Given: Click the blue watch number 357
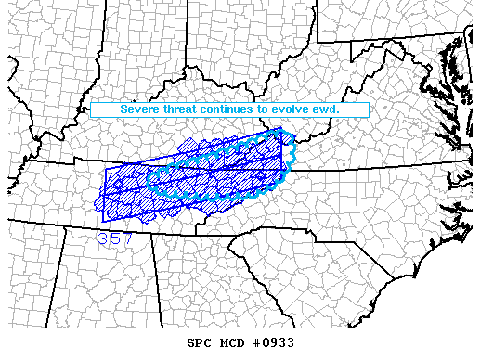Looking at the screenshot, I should point(115,238).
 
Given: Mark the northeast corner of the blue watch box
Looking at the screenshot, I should point(282,129).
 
